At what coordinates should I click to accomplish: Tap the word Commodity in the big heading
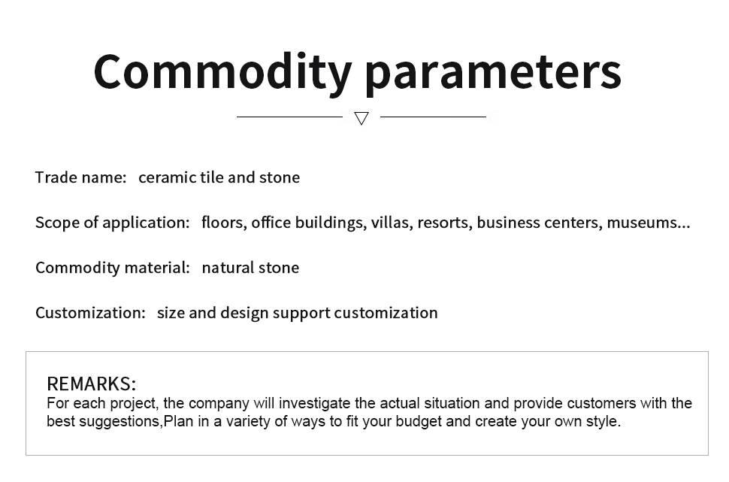(x=222, y=72)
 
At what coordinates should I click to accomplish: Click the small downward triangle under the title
(x=361, y=118)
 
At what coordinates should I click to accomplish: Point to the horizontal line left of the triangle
(x=289, y=117)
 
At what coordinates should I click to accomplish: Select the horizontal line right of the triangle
(x=434, y=117)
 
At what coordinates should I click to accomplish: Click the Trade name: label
(x=81, y=177)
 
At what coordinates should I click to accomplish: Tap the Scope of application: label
(x=113, y=223)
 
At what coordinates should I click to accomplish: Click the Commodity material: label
(x=113, y=268)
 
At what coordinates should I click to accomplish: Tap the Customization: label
(x=91, y=313)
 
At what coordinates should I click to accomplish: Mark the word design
(x=244, y=313)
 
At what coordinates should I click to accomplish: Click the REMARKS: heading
(x=92, y=383)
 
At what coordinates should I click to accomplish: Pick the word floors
(x=224, y=223)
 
